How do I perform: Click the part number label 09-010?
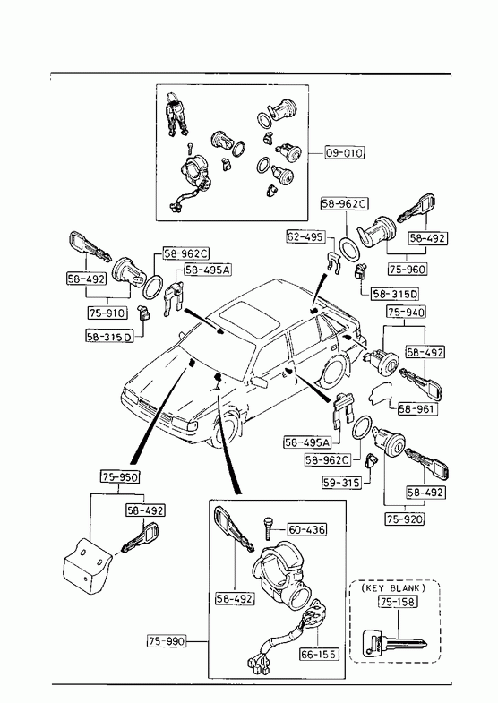point(344,153)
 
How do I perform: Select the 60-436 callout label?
point(307,529)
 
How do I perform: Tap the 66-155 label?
point(319,654)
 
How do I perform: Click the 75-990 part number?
point(166,641)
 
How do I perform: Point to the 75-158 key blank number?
point(398,602)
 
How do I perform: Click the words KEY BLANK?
point(394,587)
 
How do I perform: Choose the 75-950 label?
point(119,476)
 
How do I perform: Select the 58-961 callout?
point(417,409)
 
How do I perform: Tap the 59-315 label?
point(341,483)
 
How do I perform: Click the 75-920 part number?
point(405,519)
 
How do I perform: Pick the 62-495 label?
point(305,236)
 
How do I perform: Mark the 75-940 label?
point(406,312)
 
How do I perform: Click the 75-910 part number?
point(107,313)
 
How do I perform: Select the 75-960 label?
point(407,269)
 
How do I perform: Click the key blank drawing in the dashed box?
point(394,642)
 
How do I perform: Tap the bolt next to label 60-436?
point(268,529)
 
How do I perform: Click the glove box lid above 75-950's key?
point(87,565)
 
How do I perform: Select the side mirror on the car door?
point(260,382)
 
